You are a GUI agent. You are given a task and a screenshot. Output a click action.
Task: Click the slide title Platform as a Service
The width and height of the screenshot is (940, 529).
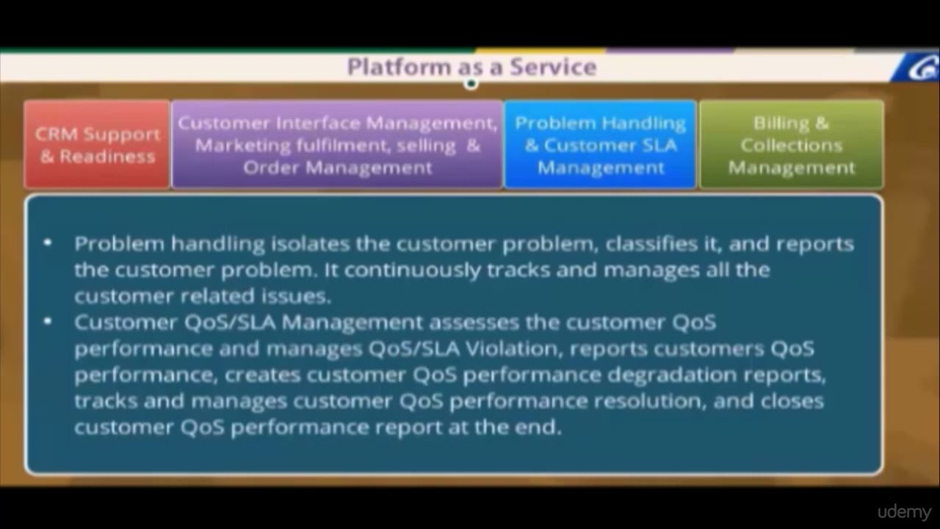click(x=471, y=67)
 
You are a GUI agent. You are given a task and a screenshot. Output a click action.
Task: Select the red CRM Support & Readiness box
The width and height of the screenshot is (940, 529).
click(x=97, y=145)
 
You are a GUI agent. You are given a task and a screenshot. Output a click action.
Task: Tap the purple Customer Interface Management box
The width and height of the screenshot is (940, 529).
click(x=337, y=145)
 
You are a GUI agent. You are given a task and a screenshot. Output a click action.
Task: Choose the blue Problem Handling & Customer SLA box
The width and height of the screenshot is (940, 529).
click(x=600, y=145)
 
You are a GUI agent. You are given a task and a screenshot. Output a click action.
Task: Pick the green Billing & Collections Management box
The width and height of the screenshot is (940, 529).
click(x=791, y=145)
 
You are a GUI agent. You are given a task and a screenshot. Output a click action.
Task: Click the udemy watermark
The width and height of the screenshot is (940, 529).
click(x=904, y=512)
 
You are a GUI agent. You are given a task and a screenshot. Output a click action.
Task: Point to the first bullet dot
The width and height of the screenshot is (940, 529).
click(x=48, y=242)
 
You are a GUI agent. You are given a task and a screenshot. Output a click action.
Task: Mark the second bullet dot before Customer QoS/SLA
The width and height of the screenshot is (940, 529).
click(x=48, y=321)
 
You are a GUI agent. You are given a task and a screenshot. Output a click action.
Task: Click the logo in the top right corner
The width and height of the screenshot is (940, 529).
click(x=918, y=68)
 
